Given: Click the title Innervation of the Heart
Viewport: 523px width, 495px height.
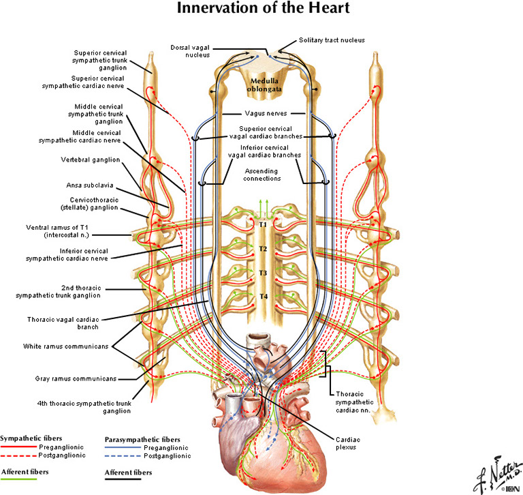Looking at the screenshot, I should tap(265, 10).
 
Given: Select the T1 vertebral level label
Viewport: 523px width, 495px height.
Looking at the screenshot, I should tap(262, 224).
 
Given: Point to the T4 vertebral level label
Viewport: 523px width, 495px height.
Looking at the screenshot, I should tap(262, 296).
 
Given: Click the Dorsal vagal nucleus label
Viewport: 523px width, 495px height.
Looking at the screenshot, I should tap(191, 51).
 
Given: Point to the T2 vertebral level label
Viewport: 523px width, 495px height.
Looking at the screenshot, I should tap(262, 248).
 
